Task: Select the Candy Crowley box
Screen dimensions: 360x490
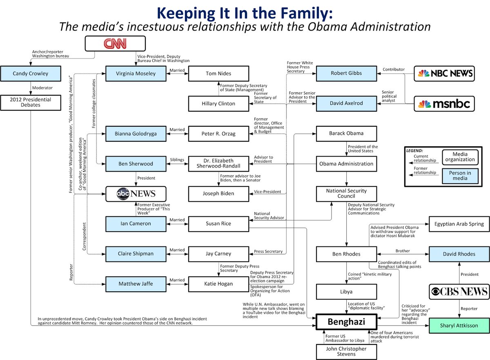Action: pyautogui.click(x=31, y=74)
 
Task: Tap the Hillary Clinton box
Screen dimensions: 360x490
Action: pyautogui.click(x=218, y=103)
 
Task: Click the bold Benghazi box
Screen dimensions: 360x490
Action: pyautogui.click(x=346, y=322)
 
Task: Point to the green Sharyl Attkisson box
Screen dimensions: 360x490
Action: pyautogui.click(x=459, y=326)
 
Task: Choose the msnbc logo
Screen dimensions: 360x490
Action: pyautogui.click(x=444, y=104)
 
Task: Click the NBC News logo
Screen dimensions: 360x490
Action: pyautogui.click(x=444, y=74)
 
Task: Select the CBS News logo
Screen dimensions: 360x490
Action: pyautogui.click(x=459, y=292)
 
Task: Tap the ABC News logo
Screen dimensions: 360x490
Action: pyautogui.click(x=136, y=194)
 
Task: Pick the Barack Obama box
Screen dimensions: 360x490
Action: pyautogui.click(x=346, y=133)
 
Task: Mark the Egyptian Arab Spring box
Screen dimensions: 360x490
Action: pyautogui.click(x=459, y=224)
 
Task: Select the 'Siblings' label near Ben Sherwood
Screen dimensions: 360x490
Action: pyautogui.click(x=177, y=160)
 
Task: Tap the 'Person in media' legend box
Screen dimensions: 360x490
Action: pyautogui.click(x=460, y=176)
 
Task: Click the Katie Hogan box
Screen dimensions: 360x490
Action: pyautogui.click(x=218, y=284)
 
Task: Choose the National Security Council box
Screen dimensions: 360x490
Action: pyautogui.click(x=346, y=194)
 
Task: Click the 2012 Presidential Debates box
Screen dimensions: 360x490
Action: pyautogui.click(x=31, y=102)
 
